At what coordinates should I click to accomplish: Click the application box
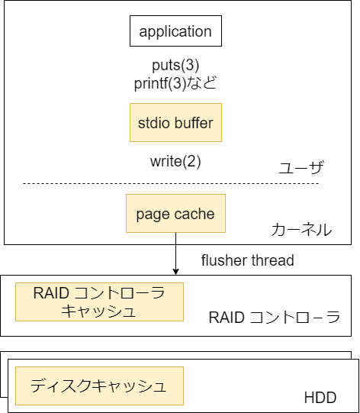pyautogui.click(x=175, y=31)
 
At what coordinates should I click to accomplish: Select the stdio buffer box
pyautogui.click(x=175, y=122)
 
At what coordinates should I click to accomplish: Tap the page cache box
pyautogui.click(x=175, y=213)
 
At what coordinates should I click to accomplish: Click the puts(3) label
pyautogui.click(x=175, y=65)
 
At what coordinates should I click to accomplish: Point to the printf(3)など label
pyautogui.click(x=175, y=83)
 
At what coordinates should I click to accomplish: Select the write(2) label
pyautogui.click(x=175, y=161)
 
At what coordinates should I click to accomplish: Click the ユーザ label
pyautogui.click(x=301, y=167)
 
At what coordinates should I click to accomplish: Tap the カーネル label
pyautogui.click(x=301, y=230)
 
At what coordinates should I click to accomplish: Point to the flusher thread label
pyautogui.click(x=248, y=260)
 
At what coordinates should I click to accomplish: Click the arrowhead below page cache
pyautogui.click(x=175, y=272)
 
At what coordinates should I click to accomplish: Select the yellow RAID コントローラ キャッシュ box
pyautogui.click(x=99, y=302)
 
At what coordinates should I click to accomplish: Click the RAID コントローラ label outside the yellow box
pyautogui.click(x=275, y=317)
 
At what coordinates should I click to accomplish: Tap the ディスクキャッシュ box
pyautogui.click(x=99, y=386)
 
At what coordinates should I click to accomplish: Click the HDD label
pyautogui.click(x=320, y=398)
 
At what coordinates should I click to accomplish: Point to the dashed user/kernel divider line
pyautogui.click(x=171, y=183)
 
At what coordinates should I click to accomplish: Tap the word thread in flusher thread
pyautogui.click(x=272, y=260)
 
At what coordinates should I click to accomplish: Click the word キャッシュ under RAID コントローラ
pyautogui.click(x=98, y=311)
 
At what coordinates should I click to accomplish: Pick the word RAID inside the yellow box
pyautogui.click(x=51, y=293)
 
